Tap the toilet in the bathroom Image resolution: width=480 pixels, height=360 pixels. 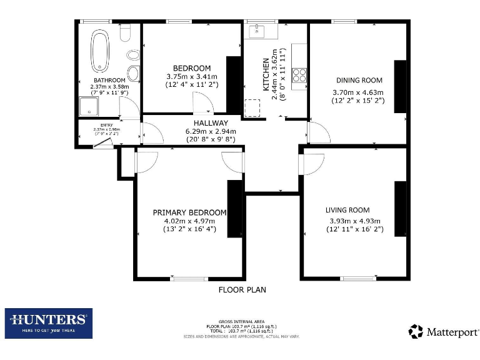tap(125, 32)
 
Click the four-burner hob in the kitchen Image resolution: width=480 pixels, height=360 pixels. tap(299, 75)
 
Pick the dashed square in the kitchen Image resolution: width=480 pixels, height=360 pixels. tap(253, 108)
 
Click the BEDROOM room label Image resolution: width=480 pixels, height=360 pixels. tap(192, 68)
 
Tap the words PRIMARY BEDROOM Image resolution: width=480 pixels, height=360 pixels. tap(189, 212)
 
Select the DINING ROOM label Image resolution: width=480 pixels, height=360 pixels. tap(359, 81)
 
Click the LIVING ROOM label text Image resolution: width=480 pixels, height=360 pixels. tap(347, 210)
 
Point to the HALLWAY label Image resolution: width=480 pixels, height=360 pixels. tap(211, 123)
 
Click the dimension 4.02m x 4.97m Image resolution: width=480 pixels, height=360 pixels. tap(189, 221)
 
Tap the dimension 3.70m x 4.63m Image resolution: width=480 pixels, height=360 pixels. tap(359, 92)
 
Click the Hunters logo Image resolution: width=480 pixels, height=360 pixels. tap(49, 323)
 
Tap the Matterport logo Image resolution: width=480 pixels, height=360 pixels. tap(444, 331)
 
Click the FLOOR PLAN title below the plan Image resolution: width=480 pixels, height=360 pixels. tap(242, 290)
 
